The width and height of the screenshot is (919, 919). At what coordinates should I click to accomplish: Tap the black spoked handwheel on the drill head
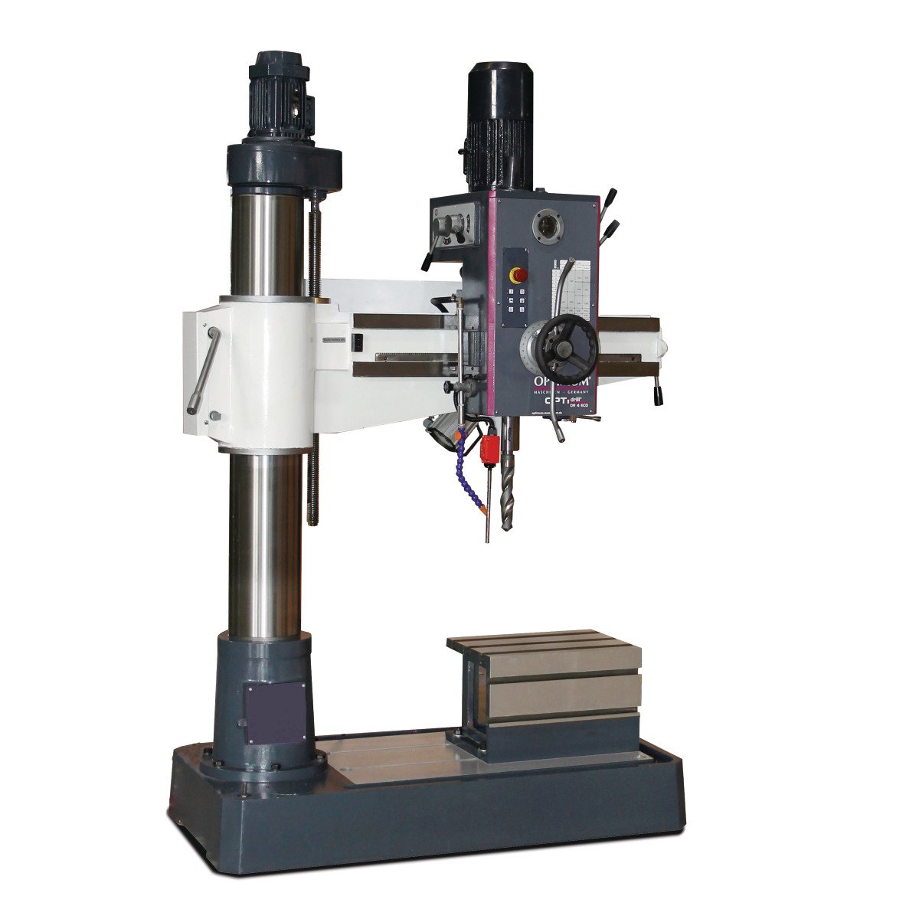tap(565, 343)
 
